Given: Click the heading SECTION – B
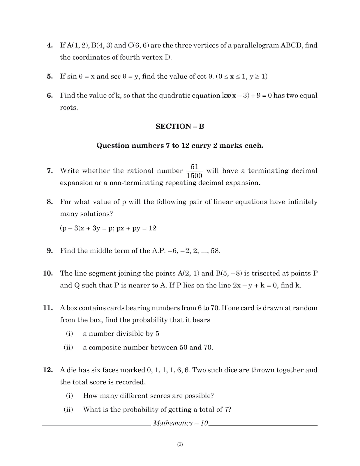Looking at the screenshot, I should coord(180,126).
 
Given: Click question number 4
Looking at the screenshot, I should coord(50,45).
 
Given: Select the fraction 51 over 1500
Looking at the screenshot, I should coord(194,171).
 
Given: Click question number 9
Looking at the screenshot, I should coord(50,251).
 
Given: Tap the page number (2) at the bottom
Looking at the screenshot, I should coord(180,444).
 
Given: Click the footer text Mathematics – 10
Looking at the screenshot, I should coord(180,423).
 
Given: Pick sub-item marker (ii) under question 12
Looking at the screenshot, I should coord(68,409).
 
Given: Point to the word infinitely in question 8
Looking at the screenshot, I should coord(303,202).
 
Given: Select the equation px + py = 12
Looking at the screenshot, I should coord(136,228).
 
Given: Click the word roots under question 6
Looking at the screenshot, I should coord(69,108).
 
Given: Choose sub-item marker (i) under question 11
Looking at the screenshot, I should coord(69,334).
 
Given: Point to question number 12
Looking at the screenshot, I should coord(48,370).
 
